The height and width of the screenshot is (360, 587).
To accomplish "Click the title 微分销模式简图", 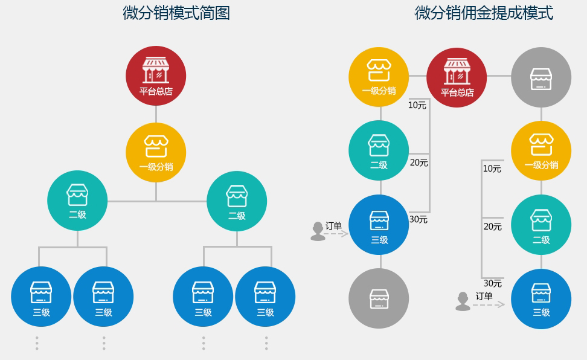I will point(176,13).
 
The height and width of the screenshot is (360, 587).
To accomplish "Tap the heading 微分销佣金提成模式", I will point(484,13).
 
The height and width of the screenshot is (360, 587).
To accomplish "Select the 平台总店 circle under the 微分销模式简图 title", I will point(156,76).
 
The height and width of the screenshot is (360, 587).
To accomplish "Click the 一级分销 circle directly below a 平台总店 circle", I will point(156,152).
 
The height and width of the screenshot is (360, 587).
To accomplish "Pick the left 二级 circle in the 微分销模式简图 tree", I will point(77,201).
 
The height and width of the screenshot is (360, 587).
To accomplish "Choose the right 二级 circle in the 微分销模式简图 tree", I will point(237,201).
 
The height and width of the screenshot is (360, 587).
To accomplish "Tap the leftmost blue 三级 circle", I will point(41,297).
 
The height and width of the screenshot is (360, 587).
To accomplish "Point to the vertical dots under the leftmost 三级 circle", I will point(37,342).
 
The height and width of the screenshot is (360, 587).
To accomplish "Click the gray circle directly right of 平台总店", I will point(541,77).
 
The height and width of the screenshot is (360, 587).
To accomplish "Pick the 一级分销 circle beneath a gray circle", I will point(541,151).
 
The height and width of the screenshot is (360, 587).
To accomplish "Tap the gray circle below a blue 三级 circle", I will point(379,298).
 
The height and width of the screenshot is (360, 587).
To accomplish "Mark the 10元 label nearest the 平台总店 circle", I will point(417,105).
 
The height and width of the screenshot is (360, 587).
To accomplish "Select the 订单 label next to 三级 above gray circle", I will point(333,226).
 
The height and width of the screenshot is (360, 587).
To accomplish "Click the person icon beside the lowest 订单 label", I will point(463,301).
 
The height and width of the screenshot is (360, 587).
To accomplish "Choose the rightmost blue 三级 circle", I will point(541,299).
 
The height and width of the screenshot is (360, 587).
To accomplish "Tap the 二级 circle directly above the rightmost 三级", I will point(541,225).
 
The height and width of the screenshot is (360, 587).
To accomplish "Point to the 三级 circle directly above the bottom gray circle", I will point(379,225).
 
